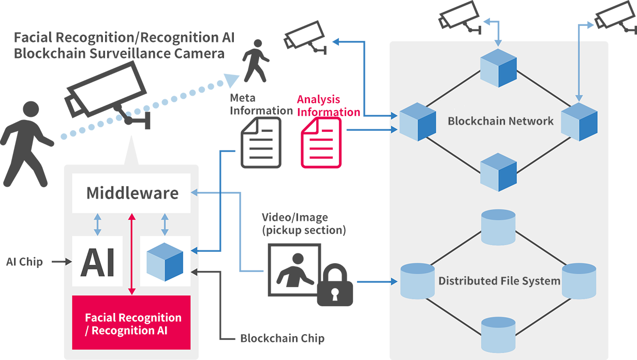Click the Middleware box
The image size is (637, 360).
click(131, 193)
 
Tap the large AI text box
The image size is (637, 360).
click(98, 261)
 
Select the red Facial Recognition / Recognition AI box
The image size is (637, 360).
click(131, 323)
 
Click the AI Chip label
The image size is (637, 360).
click(24, 262)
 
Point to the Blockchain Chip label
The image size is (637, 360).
click(283, 339)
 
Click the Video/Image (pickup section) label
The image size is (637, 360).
click(304, 223)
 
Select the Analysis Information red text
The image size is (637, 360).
click(328, 106)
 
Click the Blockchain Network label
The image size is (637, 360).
click(500, 121)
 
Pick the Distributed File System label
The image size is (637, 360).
click(499, 281)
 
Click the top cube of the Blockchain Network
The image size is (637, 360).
click(498, 67)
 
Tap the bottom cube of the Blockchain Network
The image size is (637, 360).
click(498, 172)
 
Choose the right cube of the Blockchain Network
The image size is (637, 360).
click(579, 122)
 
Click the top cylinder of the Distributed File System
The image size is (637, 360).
click(498, 227)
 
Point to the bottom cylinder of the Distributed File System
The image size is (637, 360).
click(498, 334)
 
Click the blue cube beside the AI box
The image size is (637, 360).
click(165, 261)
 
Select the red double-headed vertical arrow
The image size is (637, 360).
click(132, 253)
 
